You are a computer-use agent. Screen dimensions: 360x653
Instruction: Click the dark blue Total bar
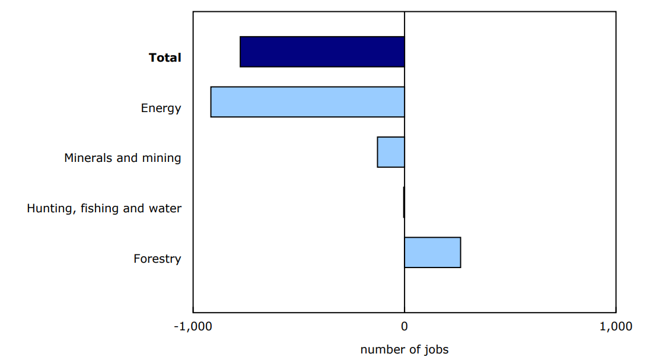(322, 52)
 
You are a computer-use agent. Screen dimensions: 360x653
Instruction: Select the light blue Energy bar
(307, 102)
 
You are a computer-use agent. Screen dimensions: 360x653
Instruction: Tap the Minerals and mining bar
(391, 152)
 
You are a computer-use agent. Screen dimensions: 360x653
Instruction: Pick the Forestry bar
(432, 253)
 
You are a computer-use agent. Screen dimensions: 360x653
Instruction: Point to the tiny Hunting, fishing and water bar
(404, 202)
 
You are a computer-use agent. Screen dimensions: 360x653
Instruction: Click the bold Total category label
(165, 58)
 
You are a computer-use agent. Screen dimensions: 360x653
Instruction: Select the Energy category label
(161, 108)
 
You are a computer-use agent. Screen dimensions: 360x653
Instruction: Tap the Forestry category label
(157, 259)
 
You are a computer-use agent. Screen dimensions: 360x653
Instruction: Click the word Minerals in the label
(87, 158)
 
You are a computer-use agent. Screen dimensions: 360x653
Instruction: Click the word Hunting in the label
(49, 208)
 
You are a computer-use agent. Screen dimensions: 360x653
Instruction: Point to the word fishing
(96, 208)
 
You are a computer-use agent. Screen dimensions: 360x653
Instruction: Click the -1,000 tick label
(193, 326)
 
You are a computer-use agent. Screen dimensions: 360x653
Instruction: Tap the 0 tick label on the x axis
(404, 326)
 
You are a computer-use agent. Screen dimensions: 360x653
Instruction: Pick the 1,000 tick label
(616, 326)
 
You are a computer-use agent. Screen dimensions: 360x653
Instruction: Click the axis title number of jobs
(404, 349)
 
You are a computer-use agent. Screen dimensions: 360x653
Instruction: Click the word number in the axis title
(380, 349)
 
